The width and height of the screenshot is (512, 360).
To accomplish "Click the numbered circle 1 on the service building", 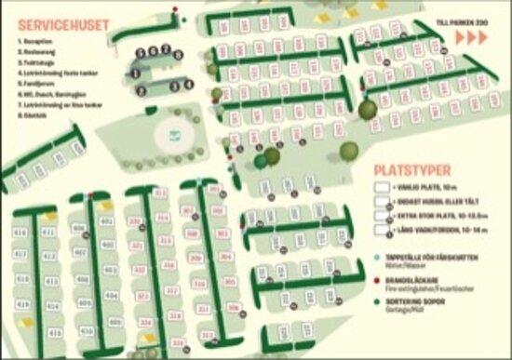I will [x=135, y=72].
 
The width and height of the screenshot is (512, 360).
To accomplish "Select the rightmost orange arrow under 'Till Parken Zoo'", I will [x=484, y=37].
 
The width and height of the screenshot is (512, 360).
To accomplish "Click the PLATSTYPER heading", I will [x=411, y=170].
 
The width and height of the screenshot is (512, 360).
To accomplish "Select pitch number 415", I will [x=55, y=331].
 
